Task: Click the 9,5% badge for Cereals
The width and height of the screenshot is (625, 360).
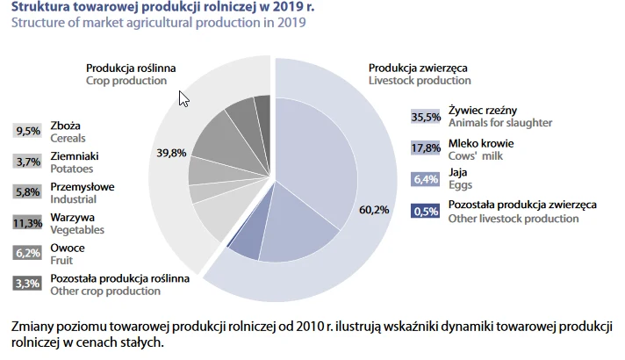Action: (28, 131)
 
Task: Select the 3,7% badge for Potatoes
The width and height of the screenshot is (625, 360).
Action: (28, 162)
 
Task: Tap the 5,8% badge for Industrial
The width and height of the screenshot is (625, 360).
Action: (28, 192)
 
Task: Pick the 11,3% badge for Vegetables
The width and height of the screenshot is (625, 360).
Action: (28, 223)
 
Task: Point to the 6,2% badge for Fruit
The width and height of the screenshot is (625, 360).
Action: (28, 253)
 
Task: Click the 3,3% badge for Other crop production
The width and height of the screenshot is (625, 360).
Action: (28, 284)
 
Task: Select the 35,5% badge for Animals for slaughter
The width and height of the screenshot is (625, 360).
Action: (426, 117)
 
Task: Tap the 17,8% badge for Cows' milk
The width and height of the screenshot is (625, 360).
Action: (426, 148)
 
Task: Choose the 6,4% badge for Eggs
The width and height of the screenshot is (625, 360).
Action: (426, 179)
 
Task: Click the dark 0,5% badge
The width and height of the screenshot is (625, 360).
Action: (426, 211)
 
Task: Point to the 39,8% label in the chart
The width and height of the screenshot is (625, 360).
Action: (171, 153)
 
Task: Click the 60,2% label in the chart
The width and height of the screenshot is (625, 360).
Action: (374, 209)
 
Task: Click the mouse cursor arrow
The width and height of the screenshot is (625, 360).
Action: (183, 97)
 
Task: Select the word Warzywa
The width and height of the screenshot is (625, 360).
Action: (73, 217)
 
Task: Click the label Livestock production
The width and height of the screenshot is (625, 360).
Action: (420, 81)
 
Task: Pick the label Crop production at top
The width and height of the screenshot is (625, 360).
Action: (126, 81)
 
